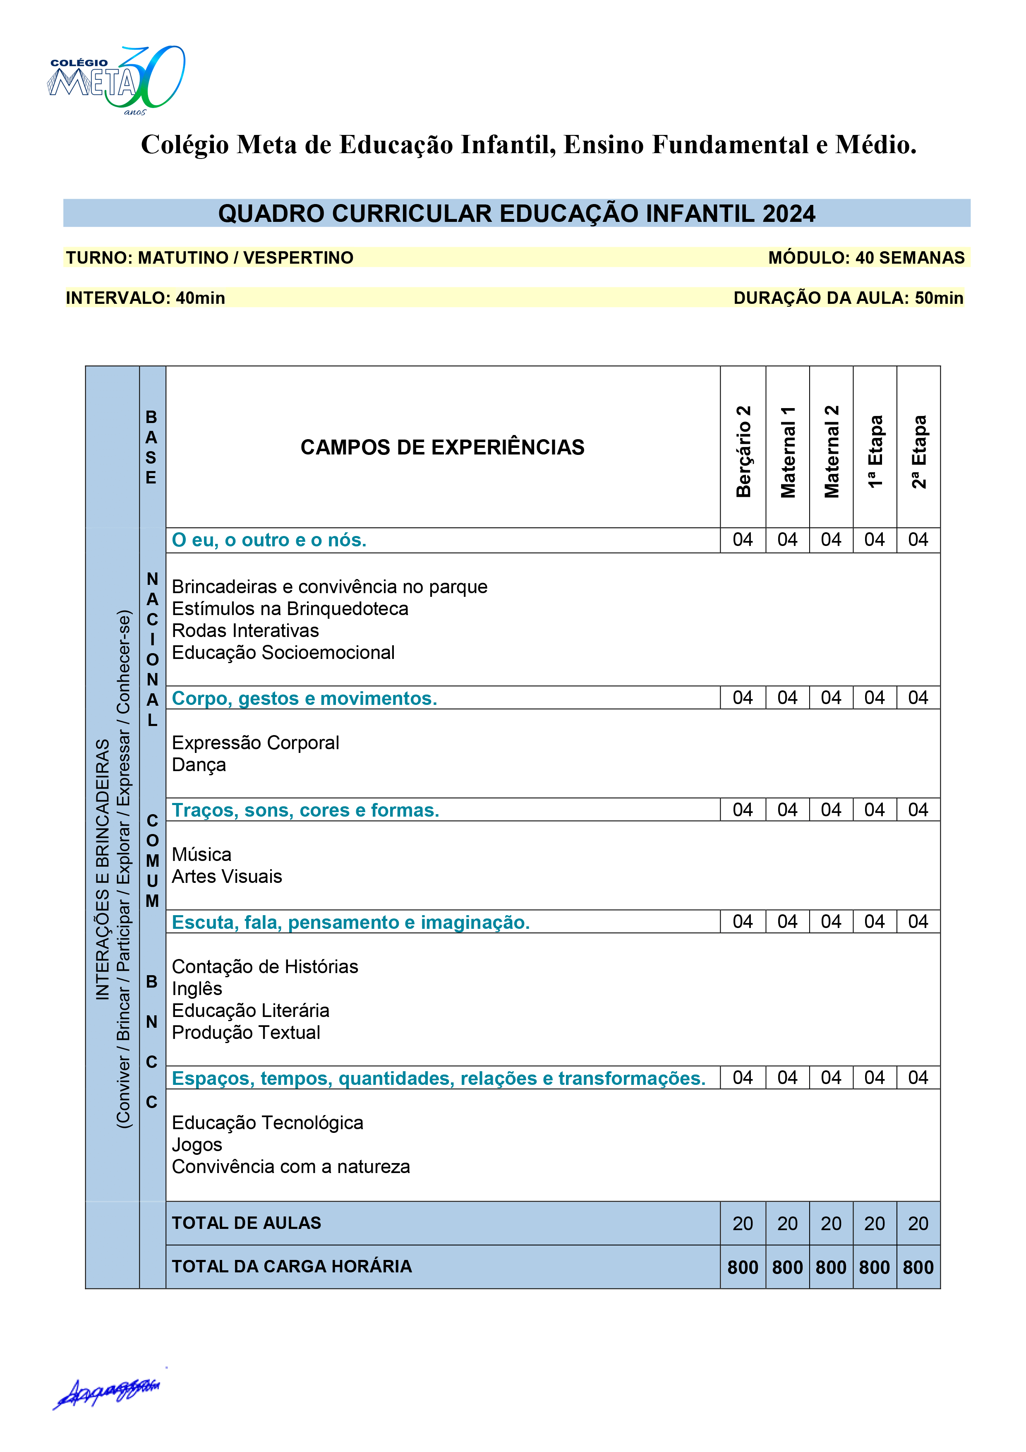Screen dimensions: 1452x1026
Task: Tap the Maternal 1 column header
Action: (x=788, y=452)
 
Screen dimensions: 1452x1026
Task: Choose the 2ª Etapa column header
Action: (x=918, y=452)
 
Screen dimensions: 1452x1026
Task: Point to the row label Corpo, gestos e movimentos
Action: (x=304, y=698)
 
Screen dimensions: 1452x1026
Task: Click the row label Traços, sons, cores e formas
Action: (x=305, y=810)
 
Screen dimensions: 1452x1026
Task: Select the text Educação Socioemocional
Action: (x=283, y=653)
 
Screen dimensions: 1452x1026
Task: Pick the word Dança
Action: (x=199, y=764)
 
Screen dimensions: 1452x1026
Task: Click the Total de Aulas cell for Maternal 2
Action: (x=831, y=1224)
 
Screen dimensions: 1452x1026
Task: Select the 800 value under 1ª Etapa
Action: (x=874, y=1267)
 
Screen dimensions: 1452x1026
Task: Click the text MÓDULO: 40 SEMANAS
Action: (x=866, y=258)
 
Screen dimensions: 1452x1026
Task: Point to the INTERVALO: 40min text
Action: (x=145, y=298)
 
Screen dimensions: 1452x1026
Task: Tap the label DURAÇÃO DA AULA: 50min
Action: (x=849, y=298)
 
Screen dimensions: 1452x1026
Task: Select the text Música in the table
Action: (x=201, y=854)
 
